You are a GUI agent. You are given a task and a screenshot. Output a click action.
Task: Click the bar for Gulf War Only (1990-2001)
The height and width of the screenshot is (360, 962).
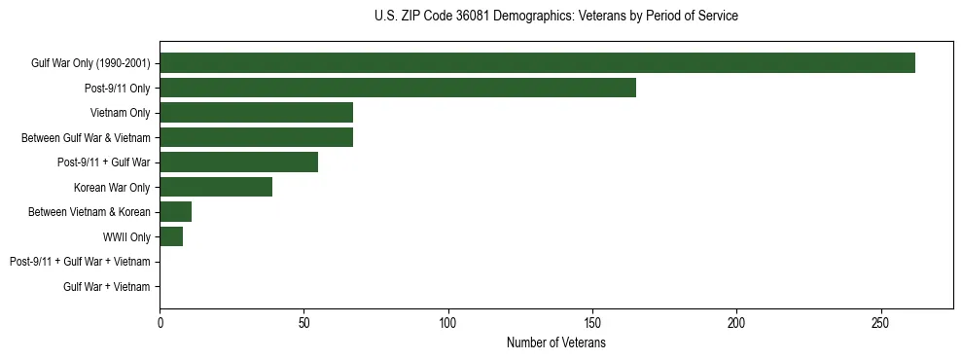coord(537,63)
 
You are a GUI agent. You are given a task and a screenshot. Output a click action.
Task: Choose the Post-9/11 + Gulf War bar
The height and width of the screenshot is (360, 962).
coord(238,162)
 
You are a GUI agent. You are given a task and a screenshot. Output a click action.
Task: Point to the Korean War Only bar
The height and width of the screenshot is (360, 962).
coord(216,188)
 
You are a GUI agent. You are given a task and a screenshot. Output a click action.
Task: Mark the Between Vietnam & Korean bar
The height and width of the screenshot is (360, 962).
coord(175,212)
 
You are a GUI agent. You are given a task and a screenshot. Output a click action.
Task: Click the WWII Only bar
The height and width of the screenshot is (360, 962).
coord(171,237)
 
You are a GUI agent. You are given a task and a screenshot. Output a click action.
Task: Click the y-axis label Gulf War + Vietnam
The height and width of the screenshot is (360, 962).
coord(107,287)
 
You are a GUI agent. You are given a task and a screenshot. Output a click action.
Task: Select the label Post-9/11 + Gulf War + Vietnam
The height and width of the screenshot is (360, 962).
coord(80,262)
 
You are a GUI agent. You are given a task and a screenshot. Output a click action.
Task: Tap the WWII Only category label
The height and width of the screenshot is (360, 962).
coord(126,237)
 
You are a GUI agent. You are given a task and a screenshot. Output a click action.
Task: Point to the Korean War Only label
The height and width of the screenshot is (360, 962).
coord(112,188)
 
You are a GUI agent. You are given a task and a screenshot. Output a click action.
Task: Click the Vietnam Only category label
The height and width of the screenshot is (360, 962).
coord(121,113)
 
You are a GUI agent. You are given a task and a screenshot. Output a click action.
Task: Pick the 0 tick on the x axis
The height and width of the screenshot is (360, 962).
coord(160,322)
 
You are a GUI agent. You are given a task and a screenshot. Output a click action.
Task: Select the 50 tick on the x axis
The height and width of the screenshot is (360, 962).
coord(303,322)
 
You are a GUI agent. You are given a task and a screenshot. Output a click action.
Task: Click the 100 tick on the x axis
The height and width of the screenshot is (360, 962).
coord(448,322)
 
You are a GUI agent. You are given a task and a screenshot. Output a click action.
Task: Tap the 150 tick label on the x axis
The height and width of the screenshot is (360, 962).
coord(592,322)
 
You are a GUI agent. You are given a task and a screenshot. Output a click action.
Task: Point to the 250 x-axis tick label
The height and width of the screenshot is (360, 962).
coord(881,322)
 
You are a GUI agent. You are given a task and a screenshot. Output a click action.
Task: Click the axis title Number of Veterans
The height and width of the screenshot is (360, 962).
coord(555,343)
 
